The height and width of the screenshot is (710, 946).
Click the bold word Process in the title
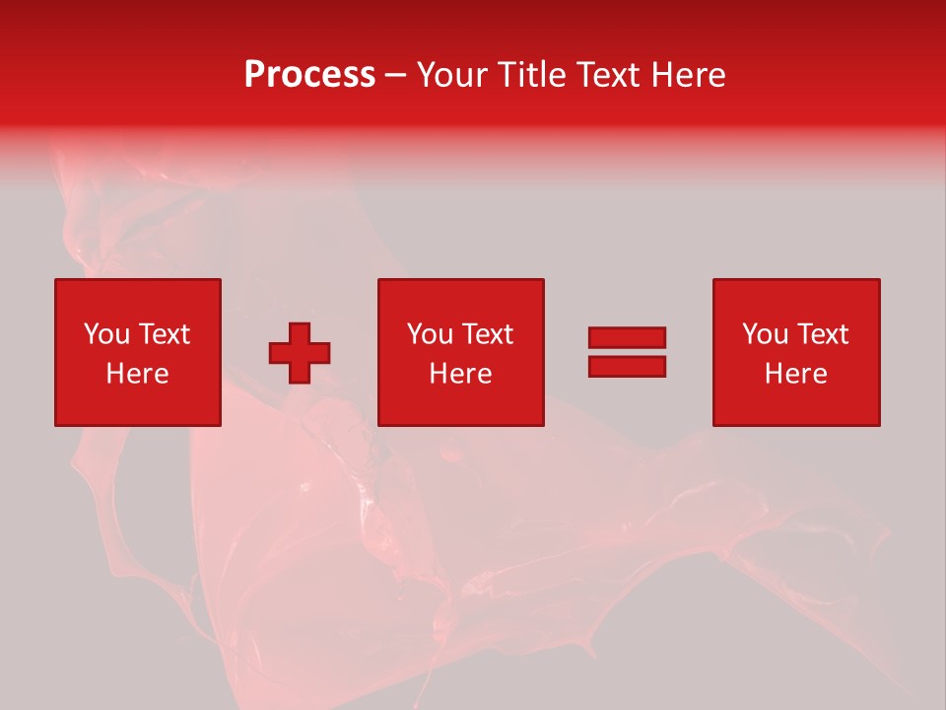click(x=309, y=75)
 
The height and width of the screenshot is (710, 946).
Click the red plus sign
click(x=300, y=353)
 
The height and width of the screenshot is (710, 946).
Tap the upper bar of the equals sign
click(x=627, y=337)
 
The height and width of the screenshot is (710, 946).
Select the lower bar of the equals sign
click(x=627, y=366)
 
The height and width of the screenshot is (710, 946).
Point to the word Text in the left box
click(x=164, y=334)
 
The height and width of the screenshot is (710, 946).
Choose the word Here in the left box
click(x=137, y=374)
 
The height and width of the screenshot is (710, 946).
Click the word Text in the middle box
click(x=487, y=334)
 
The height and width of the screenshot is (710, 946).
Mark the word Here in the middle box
click(x=460, y=374)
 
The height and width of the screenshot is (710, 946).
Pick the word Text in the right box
click(x=822, y=334)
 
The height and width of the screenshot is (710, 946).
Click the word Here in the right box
click(x=795, y=374)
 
